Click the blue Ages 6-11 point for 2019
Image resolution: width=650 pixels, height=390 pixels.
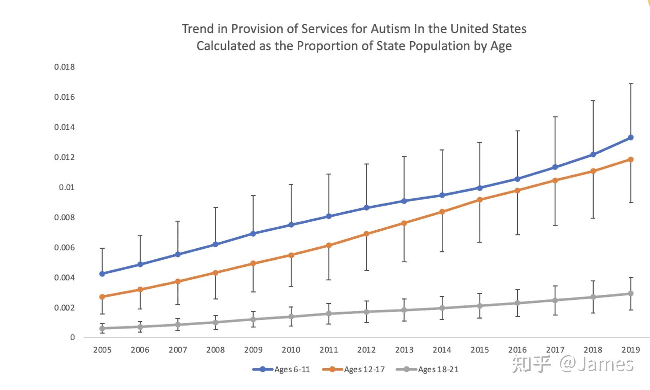pos(630,138)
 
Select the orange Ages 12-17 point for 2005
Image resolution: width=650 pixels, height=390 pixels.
pos(102,297)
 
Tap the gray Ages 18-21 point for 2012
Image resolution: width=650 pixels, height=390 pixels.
pos(366,312)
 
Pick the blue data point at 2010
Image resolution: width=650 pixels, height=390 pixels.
pos(291,224)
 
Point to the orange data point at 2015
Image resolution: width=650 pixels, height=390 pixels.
pos(480,200)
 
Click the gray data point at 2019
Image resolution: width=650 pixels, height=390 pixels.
pos(630,294)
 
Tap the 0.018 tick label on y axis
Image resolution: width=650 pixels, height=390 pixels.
pos(64,67)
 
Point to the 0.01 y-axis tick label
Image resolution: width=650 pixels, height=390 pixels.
pos(67,187)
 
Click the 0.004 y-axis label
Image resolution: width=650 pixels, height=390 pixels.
pos(64,278)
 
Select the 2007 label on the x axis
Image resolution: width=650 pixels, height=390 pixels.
pos(178,350)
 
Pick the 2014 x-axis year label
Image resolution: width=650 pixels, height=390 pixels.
pos(442,350)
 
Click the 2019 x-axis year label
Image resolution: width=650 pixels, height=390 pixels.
pos(630,350)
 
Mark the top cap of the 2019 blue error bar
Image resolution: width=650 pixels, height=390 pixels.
pos(630,84)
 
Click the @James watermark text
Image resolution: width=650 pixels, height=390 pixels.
pos(596,364)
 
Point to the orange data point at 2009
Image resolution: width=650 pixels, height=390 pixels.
pos(253,263)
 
